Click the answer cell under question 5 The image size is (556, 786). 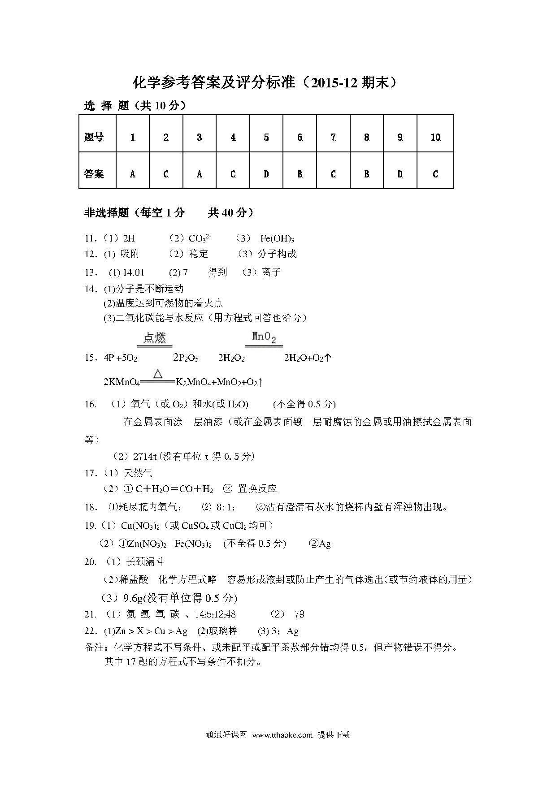(x=266, y=174)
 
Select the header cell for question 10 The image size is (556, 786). (x=435, y=137)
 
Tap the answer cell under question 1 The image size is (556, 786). (x=132, y=174)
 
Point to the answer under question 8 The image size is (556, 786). (x=366, y=174)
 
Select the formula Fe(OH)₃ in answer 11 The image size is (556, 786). (x=277, y=238)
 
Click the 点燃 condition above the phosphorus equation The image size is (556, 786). (x=155, y=337)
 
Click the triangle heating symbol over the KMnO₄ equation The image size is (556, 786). (x=157, y=374)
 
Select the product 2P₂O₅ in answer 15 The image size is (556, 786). (x=186, y=358)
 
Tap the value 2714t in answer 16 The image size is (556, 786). (x=145, y=456)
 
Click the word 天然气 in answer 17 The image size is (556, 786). (x=138, y=473)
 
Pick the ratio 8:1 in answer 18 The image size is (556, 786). (x=225, y=507)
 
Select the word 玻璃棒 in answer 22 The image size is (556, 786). (x=223, y=631)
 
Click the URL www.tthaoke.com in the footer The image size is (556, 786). (x=282, y=734)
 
